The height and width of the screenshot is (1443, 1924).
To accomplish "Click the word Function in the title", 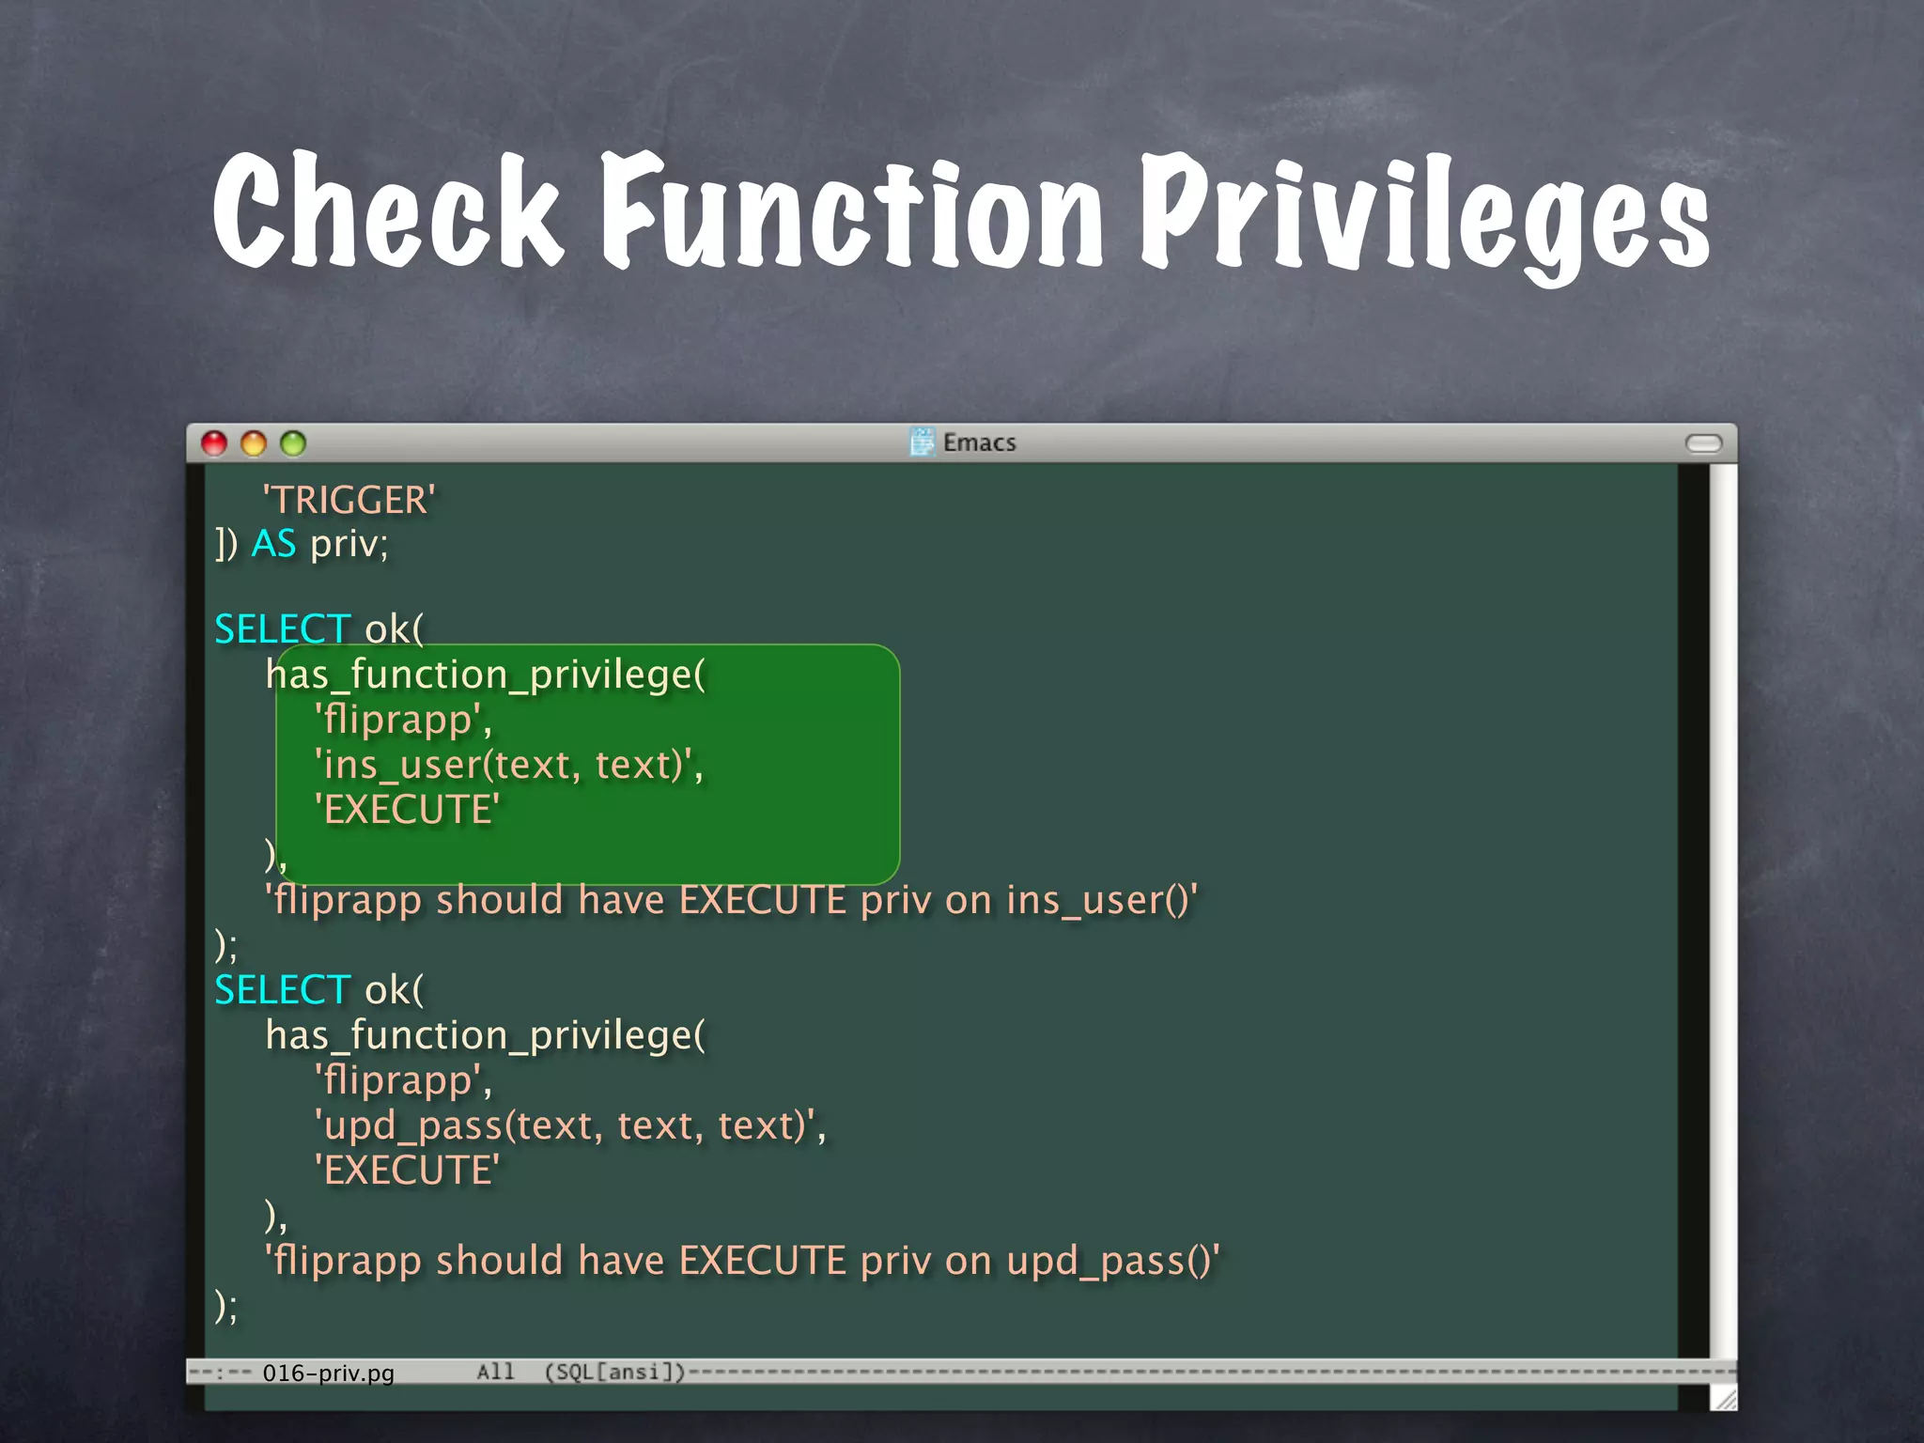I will coord(850,211).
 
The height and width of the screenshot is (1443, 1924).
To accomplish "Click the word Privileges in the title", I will coord(1423,216).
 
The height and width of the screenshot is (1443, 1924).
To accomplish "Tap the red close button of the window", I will coord(214,442).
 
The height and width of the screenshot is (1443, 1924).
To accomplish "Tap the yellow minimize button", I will coord(254,442).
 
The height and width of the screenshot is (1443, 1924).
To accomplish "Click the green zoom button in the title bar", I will coord(293,442).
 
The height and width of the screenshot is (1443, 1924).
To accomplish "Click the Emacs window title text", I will coord(979,442).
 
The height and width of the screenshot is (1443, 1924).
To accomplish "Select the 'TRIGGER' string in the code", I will coord(349,500).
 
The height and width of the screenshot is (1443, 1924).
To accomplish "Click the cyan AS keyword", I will coord(273,544).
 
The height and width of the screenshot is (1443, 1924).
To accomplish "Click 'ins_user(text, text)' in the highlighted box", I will coord(508,765).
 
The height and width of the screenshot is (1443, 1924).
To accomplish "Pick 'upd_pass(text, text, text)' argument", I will coord(569,1125).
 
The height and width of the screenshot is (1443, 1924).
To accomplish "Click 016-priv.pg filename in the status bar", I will coord(328,1373).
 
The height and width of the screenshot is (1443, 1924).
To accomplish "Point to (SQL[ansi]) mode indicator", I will coord(615,1373).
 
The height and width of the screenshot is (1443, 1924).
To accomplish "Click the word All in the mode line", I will coord(495,1373).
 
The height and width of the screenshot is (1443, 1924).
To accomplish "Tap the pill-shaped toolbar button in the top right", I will coord(1703,443).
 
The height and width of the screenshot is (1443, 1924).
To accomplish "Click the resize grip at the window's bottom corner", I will coord(1724,1400).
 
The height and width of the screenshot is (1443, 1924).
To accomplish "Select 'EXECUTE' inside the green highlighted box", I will coord(407,810).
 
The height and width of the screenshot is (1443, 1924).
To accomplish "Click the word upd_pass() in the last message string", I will coord(1110,1261).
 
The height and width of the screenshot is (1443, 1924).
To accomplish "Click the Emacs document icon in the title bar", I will coord(923,442).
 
